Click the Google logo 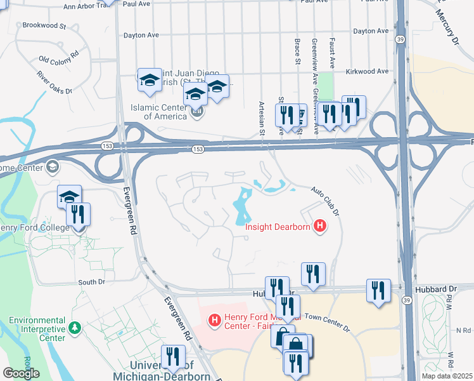21,373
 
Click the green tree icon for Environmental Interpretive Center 75,328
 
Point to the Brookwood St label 44,26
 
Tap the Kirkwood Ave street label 364,72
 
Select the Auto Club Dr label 325,199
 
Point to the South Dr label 91,282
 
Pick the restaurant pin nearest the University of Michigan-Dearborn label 173,358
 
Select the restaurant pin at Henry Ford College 78,215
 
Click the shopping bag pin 295,347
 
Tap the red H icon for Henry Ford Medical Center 215,319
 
